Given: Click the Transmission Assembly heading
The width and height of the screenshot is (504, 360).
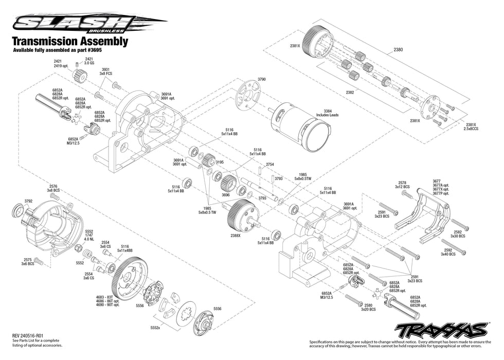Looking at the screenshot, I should [x=69, y=42].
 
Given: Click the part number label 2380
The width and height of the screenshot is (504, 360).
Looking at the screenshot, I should [x=398, y=50].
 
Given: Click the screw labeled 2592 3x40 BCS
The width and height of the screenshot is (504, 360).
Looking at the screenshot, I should [x=455, y=249].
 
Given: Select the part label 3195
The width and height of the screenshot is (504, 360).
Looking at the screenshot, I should [x=220, y=162].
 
